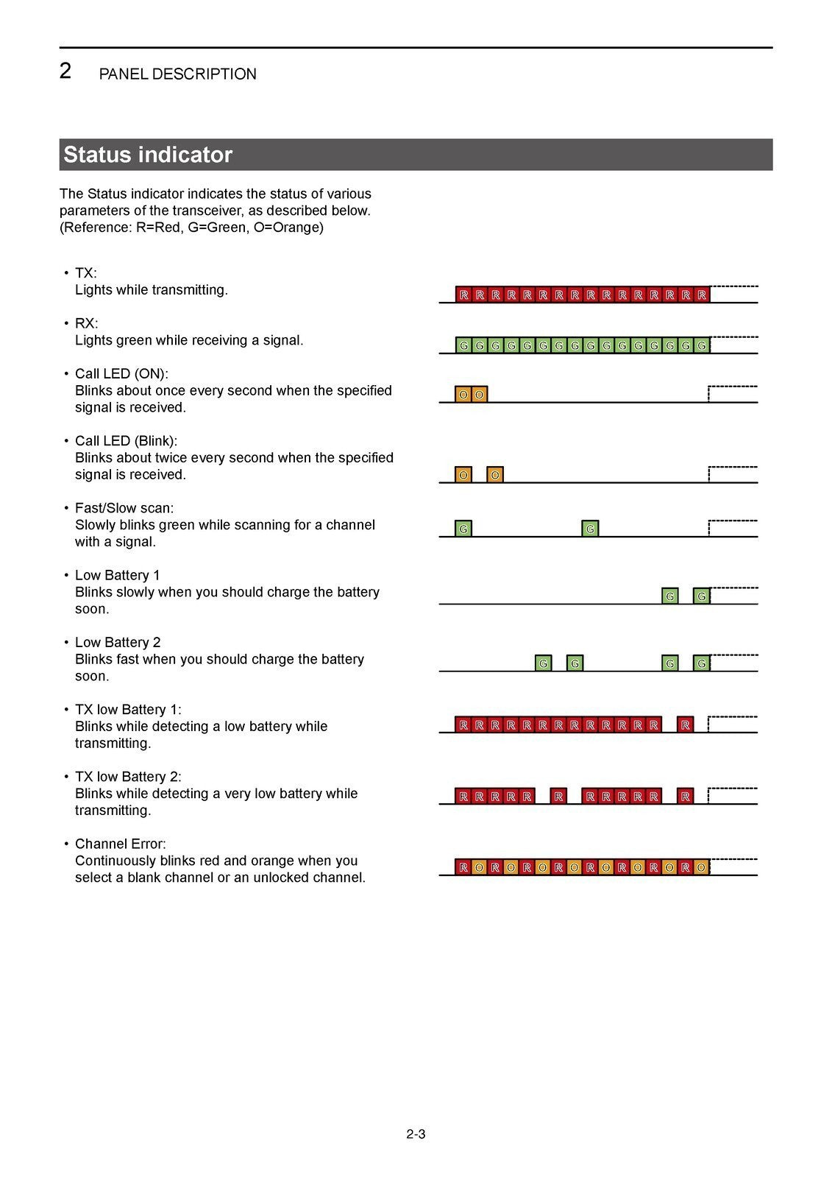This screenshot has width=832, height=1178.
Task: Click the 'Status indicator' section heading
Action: tap(148, 155)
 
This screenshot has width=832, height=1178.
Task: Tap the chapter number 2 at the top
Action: tap(65, 71)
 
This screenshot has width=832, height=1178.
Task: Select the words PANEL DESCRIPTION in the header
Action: tap(177, 74)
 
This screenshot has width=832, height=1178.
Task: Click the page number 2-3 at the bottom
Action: tap(416, 1134)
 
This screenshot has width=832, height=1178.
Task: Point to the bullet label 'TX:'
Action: tap(86, 273)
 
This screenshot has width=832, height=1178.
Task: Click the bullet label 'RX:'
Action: tap(86, 323)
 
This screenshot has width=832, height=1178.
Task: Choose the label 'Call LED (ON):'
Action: tap(121, 373)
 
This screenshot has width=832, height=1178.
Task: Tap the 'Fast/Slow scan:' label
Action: tap(124, 508)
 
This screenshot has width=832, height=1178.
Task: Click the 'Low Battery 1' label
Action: tap(117, 575)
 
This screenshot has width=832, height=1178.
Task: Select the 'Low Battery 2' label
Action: tap(118, 642)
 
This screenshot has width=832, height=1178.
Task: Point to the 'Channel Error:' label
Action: tap(121, 844)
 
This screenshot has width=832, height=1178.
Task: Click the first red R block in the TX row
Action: tap(463, 294)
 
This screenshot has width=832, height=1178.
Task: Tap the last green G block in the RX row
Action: tap(702, 345)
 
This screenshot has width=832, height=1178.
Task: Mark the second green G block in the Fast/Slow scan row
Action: tap(590, 529)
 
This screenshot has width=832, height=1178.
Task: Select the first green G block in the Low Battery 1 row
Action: tap(669, 596)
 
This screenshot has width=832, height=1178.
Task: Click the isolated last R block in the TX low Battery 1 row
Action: tap(686, 725)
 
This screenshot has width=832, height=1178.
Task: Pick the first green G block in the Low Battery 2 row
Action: tap(543, 663)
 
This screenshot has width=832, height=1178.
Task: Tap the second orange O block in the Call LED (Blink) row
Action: tap(495, 475)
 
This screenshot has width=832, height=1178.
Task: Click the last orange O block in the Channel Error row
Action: tap(701, 867)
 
